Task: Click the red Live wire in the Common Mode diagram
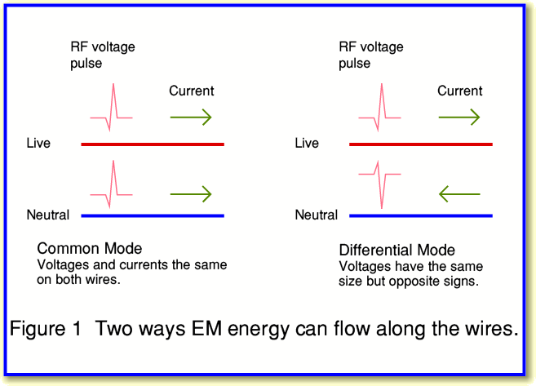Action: pyautogui.click(x=153, y=144)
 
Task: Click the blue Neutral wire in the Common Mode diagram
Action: pyautogui.click(x=153, y=216)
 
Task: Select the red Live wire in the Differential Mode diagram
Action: pyautogui.click(x=421, y=144)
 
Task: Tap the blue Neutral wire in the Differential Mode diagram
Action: pyautogui.click(x=421, y=216)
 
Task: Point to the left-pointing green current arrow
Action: pyautogui.click(x=459, y=194)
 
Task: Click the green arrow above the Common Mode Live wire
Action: pyautogui.click(x=191, y=118)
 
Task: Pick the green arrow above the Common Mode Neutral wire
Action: pyautogui.click(x=191, y=194)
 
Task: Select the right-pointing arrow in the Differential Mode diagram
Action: pyautogui.click(x=459, y=118)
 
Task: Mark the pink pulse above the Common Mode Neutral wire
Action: pyautogui.click(x=113, y=186)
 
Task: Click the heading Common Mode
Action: pyautogui.click(x=90, y=248)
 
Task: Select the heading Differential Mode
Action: pyautogui.click(x=396, y=250)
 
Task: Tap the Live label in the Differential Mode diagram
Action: pyautogui.click(x=307, y=144)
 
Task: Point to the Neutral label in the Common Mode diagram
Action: pyautogui.click(x=48, y=215)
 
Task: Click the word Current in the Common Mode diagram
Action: pyautogui.click(x=192, y=91)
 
